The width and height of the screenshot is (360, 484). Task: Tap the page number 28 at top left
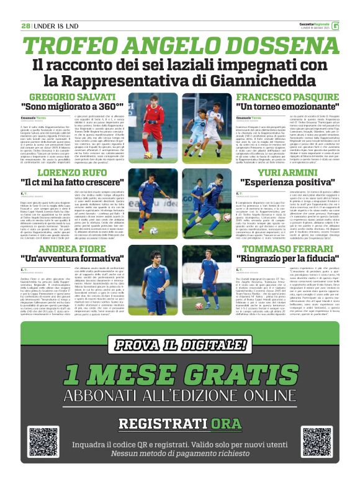point(25,25)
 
